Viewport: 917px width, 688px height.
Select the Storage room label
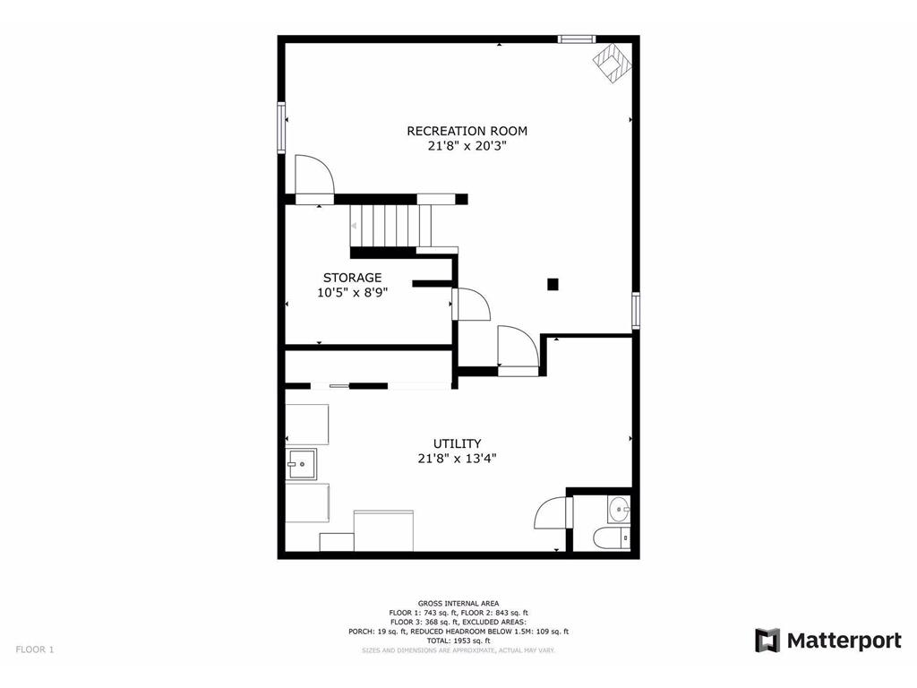coord(352,278)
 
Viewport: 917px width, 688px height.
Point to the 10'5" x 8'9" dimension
coord(352,292)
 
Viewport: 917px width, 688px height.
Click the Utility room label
coord(457,443)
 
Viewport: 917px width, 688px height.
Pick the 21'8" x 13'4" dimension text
coord(457,458)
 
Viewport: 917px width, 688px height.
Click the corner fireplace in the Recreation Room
coord(613,64)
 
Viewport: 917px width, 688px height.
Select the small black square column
coord(553,285)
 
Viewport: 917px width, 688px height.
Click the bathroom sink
coord(620,510)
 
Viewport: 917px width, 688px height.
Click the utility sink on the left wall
coord(302,465)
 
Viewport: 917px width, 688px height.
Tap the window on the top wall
coord(576,39)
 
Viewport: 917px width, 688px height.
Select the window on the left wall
coord(281,127)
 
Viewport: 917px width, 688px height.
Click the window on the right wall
coord(635,310)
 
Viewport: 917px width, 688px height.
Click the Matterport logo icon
coord(767,641)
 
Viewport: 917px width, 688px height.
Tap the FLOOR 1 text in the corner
coord(34,649)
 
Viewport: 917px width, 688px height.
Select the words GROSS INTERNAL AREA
coord(458,603)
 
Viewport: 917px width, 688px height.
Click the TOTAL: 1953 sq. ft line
coord(458,641)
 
